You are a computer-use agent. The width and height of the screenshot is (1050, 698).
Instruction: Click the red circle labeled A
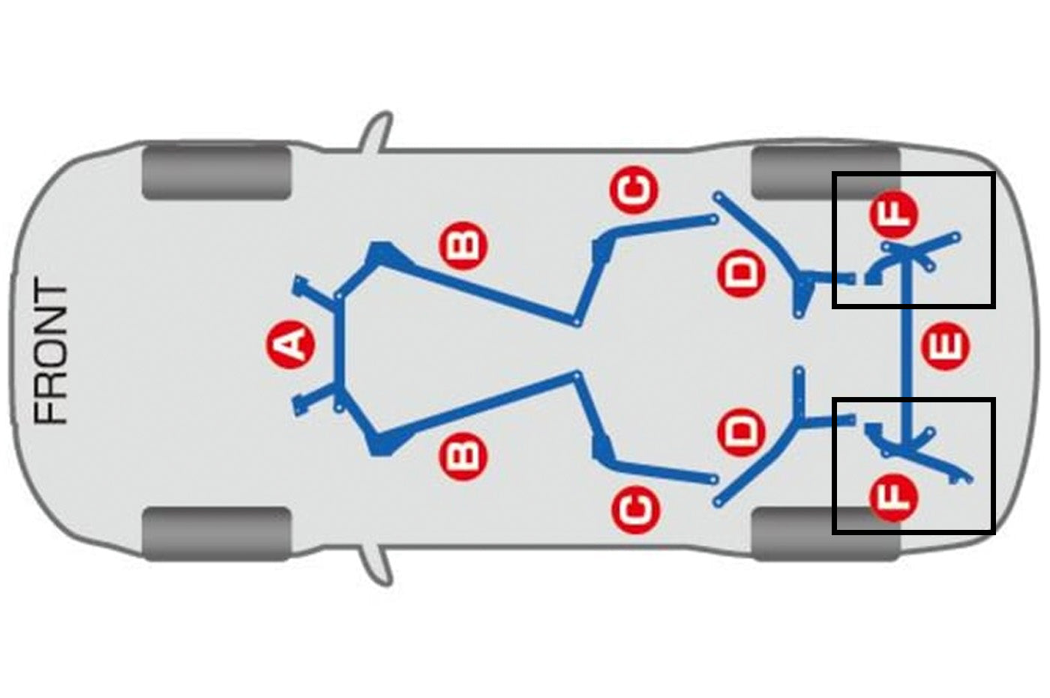pos(291,344)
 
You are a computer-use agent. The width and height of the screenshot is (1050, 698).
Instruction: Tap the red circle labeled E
pos(945,346)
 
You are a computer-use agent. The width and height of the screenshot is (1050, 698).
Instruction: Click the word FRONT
pos(51,352)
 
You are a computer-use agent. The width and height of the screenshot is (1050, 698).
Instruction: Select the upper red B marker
pos(463,246)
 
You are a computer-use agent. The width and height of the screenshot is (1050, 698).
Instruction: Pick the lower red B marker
pos(463,456)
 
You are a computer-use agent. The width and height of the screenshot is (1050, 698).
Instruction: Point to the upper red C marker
pos(634,189)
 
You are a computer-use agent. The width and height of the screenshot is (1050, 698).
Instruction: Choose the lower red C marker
pos(635,510)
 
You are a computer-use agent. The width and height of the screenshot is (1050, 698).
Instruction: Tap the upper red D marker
pos(742,273)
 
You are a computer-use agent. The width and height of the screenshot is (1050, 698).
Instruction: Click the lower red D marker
pos(742,432)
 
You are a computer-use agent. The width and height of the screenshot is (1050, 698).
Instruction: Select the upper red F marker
pos(893,215)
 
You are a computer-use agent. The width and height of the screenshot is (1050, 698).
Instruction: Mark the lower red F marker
pos(893,497)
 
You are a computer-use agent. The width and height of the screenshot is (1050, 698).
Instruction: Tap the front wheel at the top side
pos(217,172)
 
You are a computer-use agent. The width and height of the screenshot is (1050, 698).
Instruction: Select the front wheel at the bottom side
pos(217,534)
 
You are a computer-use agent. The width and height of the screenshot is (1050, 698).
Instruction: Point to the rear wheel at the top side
pos(825,173)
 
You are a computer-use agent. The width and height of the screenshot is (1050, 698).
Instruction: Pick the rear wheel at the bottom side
pos(825,534)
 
